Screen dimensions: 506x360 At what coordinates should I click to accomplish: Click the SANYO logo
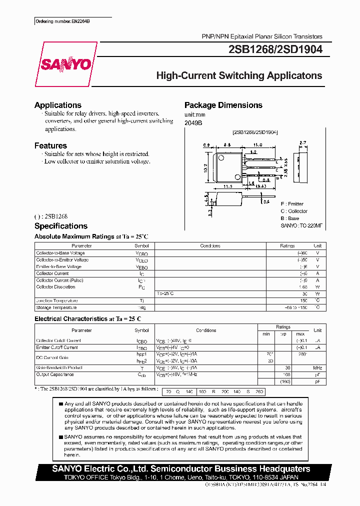(x=65, y=64)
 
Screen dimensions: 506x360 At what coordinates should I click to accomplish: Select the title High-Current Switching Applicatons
(x=239, y=76)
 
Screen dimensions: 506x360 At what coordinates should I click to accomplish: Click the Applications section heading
(x=58, y=105)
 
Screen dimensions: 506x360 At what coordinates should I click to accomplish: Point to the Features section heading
(x=50, y=145)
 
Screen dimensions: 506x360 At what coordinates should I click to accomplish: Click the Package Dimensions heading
(x=223, y=105)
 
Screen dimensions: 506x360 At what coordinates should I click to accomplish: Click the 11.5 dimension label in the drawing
(x=227, y=186)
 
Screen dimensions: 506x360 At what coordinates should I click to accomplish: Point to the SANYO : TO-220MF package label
(x=301, y=225)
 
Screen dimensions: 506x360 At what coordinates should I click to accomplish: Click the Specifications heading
(x=61, y=226)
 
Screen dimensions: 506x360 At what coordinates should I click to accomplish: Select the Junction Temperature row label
(x=56, y=300)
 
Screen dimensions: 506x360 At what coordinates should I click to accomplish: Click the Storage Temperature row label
(x=56, y=307)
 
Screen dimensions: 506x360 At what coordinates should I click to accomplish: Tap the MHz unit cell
(x=317, y=367)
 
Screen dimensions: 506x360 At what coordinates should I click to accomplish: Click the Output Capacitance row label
(x=55, y=374)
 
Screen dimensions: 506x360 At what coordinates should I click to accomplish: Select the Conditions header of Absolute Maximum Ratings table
(x=210, y=246)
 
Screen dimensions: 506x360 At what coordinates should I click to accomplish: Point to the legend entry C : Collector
(x=294, y=211)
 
